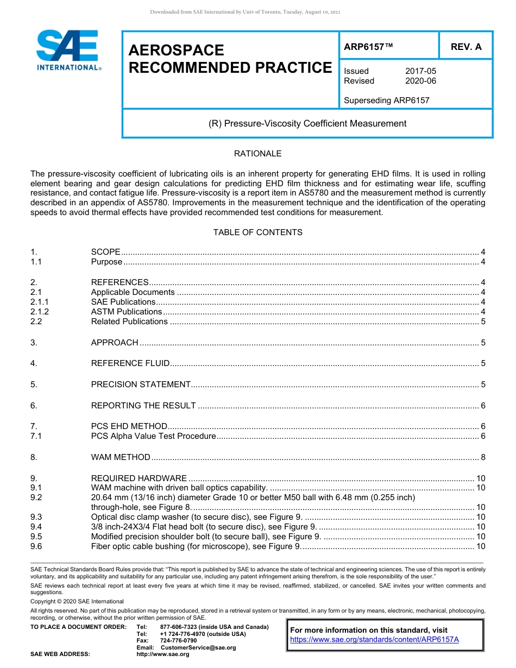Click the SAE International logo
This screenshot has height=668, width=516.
pos(68,49)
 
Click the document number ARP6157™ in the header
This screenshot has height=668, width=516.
pos(368,47)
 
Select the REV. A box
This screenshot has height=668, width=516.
pos(465,47)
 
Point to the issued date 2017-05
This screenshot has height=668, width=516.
pos(420,71)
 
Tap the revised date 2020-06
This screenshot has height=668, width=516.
pos(420,81)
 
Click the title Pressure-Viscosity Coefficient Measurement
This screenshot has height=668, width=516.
pos(307,123)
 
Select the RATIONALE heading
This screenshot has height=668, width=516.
pos(257,154)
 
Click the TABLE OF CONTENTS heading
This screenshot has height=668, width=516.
pos(257,232)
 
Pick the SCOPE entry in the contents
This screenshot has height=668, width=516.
pos(106,252)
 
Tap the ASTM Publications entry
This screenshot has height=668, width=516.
pos(127,312)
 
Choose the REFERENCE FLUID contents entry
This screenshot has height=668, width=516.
pos(130,363)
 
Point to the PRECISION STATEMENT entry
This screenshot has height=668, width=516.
pos(141,385)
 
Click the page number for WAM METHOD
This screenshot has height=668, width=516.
pos(483,457)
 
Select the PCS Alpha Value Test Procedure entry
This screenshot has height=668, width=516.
pos(153,436)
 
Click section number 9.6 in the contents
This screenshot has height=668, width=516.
pos(36,546)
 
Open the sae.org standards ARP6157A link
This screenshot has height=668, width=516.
pos(374,639)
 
